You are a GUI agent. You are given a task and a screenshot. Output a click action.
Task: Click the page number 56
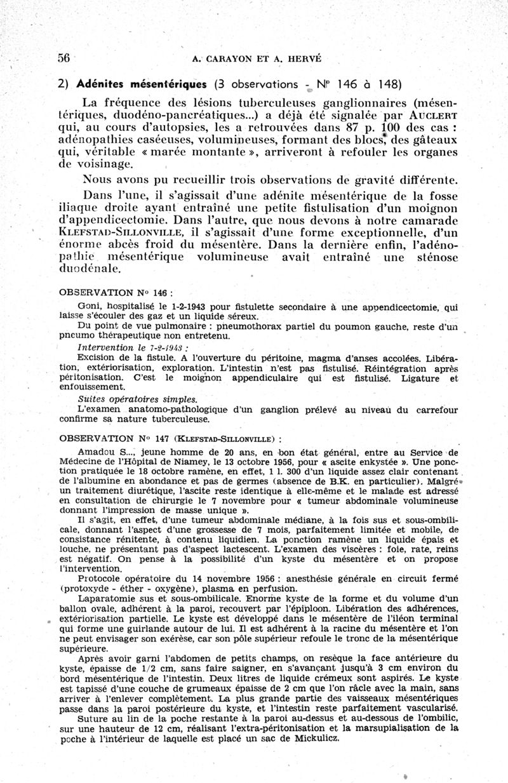pos(63,57)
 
